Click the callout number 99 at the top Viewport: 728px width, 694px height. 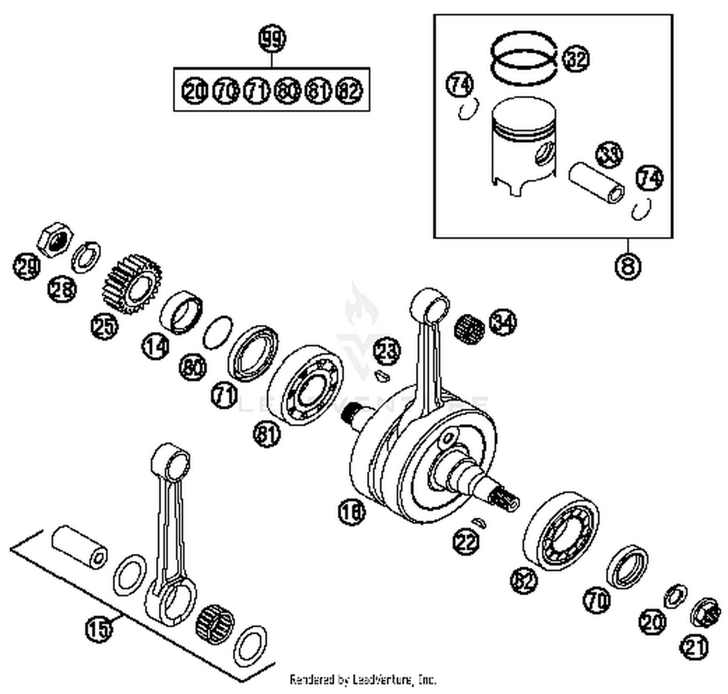272,39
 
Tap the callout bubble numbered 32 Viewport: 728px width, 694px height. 576,59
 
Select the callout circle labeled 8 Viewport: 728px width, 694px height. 628,266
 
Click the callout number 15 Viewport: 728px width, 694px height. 99,629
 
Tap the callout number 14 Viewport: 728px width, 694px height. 156,346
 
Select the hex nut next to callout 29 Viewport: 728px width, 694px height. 55,240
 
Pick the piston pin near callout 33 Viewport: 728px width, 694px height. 596,184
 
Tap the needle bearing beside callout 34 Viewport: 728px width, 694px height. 469,329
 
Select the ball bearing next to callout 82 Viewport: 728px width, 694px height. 561,531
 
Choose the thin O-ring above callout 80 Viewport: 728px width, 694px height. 217,332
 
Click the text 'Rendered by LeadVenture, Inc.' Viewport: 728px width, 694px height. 363,679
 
